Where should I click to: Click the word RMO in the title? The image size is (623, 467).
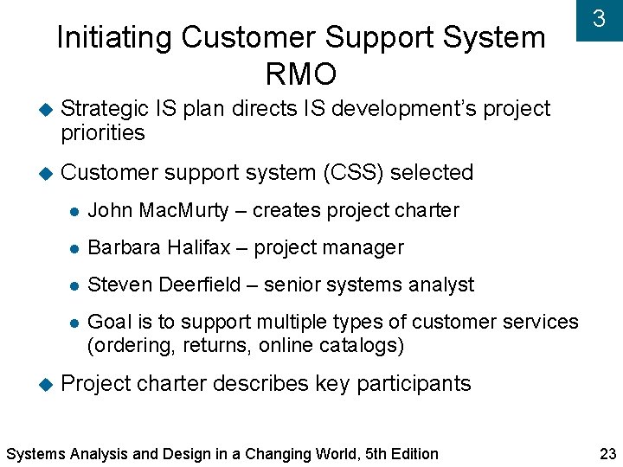coord(300,75)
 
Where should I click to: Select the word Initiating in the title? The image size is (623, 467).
coord(114,38)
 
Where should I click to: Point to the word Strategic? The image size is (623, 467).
coord(105,109)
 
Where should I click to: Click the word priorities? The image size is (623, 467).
coord(102,133)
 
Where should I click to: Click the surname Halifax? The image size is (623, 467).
coord(196,247)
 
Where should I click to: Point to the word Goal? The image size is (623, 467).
coord(108,322)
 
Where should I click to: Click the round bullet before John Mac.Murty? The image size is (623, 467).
coord(75,211)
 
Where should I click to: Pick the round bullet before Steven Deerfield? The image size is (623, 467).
coord(75,285)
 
